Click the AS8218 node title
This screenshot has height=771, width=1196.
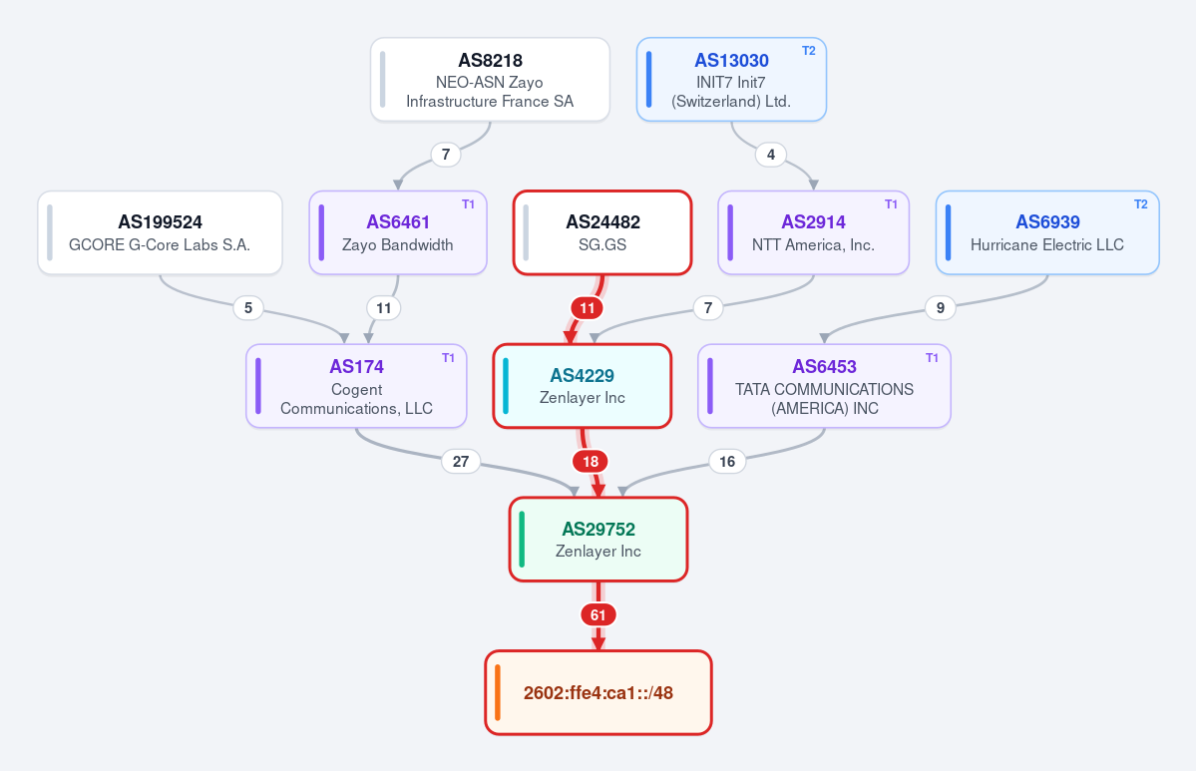tap(490, 60)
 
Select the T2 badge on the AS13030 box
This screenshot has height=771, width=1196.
tap(809, 51)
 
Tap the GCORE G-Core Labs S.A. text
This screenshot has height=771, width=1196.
tap(160, 244)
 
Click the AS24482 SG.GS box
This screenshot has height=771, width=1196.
tap(602, 232)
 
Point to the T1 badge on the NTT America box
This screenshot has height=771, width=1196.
tap(891, 204)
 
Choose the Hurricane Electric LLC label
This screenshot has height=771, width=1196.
tap(1047, 244)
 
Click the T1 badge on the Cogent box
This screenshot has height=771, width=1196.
tap(449, 358)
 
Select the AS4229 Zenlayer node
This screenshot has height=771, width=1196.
tap(582, 386)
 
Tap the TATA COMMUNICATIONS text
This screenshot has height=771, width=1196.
tap(825, 389)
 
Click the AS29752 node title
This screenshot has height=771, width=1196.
tap(598, 530)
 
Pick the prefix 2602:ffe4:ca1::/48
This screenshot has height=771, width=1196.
tap(598, 692)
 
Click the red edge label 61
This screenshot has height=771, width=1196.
tap(598, 614)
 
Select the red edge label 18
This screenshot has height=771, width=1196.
tap(591, 462)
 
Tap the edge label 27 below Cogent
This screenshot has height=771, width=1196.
tap(461, 462)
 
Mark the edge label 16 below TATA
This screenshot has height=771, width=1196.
tap(727, 462)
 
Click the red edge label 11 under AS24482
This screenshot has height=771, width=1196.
tap(587, 308)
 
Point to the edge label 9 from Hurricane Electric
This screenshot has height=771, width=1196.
tap(941, 308)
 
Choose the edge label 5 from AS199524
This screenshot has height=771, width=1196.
tap(248, 308)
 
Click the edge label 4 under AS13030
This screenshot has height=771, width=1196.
tap(771, 155)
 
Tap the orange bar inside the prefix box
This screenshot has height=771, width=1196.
tap(498, 692)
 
